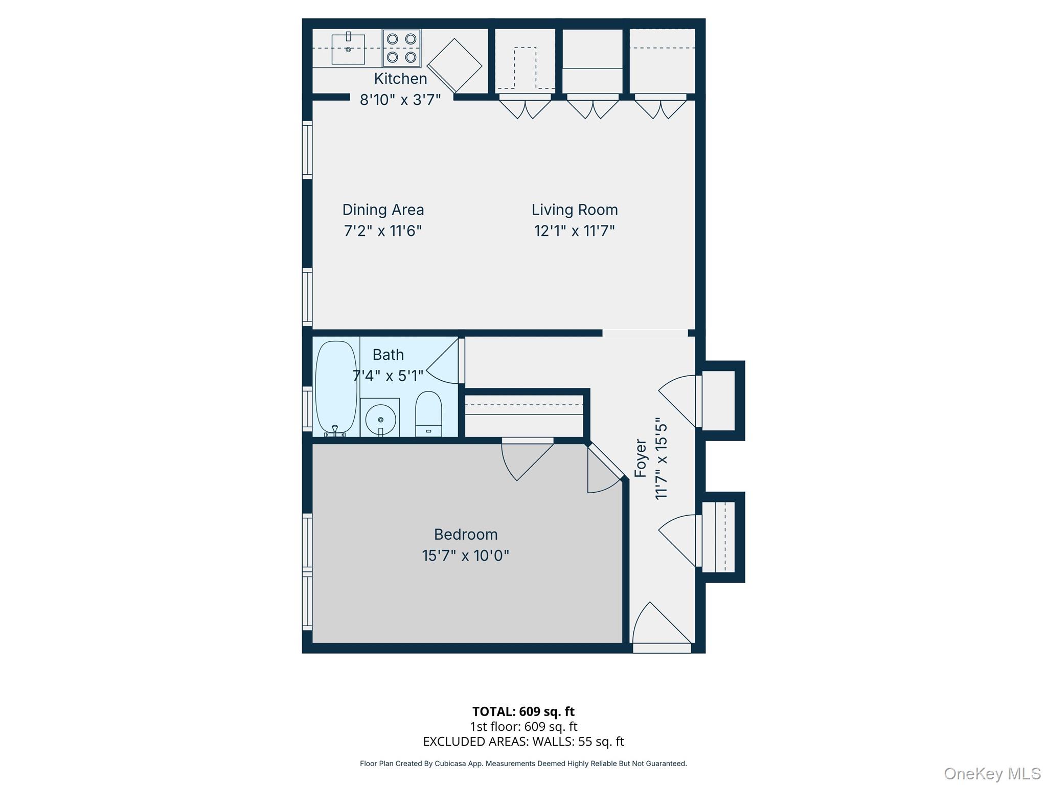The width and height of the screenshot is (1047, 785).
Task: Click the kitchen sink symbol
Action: [x=348, y=49]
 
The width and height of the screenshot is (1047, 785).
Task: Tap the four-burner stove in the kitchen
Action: [x=401, y=48]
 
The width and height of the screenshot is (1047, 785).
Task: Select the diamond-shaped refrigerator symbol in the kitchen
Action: [x=454, y=65]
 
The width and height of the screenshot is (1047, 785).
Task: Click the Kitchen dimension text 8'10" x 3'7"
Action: [x=400, y=100]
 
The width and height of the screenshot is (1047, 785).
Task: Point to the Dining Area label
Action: [x=383, y=210]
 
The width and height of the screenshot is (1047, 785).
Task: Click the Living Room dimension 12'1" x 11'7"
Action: [x=574, y=231]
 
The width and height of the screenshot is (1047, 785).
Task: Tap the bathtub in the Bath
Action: [x=335, y=388]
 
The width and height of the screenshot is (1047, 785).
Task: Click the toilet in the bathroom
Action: [x=428, y=414]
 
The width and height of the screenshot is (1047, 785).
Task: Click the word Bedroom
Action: [x=465, y=535]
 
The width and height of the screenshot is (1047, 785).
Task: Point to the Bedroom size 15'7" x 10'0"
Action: [x=465, y=556]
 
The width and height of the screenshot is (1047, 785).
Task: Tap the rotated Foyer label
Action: [x=641, y=458]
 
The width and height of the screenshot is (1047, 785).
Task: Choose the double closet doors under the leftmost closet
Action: [x=525, y=107]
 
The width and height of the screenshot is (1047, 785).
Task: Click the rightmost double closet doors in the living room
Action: [x=661, y=107]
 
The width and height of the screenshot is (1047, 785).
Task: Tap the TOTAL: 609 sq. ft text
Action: [x=523, y=711]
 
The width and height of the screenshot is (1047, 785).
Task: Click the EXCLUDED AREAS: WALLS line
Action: [x=523, y=741]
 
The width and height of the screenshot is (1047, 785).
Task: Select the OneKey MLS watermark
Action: [x=992, y=774]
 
